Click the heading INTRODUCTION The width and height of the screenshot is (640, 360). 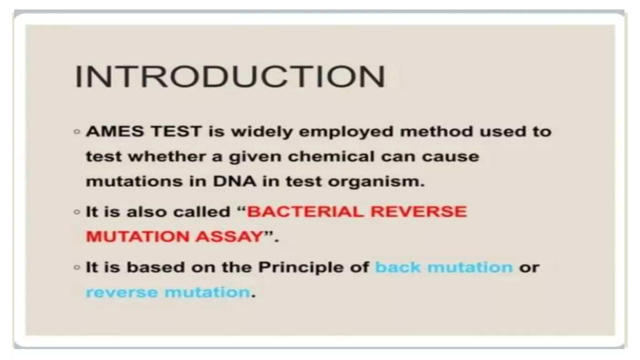(x=230, y=77)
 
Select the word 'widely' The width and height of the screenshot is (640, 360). (x=262, y=132)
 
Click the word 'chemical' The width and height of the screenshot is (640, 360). (x=331, y=156)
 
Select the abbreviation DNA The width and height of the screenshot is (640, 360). (x=234, y=181)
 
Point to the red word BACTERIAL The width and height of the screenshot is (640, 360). (x=305, y=212)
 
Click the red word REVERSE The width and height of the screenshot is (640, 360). (x=418, y=212)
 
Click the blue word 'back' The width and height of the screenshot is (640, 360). (x=398, y=267)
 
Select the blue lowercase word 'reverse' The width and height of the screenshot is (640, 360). (x=122, y=292)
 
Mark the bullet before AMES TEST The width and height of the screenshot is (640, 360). (x=77, y=132)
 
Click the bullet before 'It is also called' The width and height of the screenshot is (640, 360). (x=77, y=212)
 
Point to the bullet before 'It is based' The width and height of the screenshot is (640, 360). (x=77, y=268)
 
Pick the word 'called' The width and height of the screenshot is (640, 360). (x=202, y=212)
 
